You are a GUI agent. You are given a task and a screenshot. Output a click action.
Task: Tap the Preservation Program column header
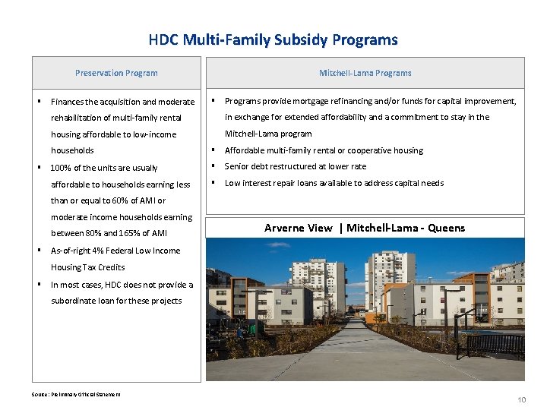(x=116, y=73)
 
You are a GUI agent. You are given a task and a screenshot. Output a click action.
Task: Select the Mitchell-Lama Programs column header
(x=365, y=73)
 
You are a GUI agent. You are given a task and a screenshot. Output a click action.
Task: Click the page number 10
(x=521, y=399)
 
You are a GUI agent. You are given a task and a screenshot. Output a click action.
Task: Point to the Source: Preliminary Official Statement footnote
(x=75, y=393)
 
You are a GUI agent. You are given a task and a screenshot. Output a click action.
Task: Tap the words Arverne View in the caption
(x=298, y=228)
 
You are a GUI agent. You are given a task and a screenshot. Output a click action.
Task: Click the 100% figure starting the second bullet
(x=60, y=168)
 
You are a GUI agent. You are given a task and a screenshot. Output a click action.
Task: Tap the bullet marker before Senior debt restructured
(x=214, y=166)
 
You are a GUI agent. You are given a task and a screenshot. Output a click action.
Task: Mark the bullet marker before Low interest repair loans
(x=214, y=183)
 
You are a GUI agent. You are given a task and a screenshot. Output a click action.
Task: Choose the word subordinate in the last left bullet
(x=74, y=301)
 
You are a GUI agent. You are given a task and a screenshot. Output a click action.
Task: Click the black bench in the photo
(x=494, y=345)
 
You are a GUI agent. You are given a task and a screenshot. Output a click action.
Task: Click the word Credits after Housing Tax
(x=110, y=267)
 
